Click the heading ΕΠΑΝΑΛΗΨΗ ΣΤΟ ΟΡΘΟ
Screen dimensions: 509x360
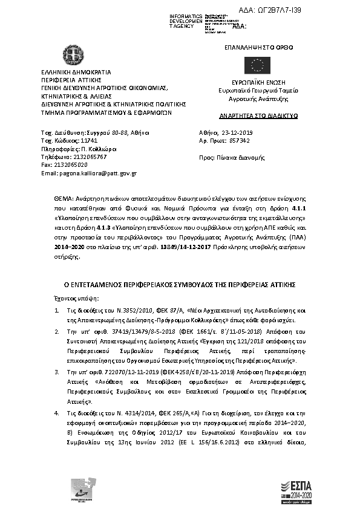253,45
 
